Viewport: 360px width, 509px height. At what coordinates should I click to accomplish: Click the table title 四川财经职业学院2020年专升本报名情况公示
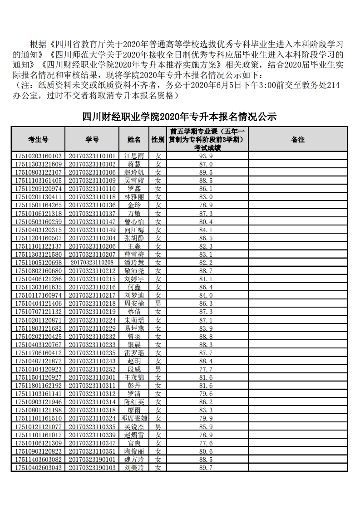179,117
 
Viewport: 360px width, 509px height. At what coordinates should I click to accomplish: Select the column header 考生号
38,140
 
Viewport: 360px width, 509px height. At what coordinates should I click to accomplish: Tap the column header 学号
92,140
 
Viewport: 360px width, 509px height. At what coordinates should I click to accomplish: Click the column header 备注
297,140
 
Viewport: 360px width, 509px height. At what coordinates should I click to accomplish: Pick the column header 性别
158,140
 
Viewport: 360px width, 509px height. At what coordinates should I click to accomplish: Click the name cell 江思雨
134,156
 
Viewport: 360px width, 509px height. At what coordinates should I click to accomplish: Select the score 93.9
206,156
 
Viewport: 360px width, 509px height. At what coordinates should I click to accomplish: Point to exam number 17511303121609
38,164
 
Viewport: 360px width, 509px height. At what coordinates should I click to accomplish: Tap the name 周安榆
134,303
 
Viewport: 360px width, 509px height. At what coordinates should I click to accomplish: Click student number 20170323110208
92,263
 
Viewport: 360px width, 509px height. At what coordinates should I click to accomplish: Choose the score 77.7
206,369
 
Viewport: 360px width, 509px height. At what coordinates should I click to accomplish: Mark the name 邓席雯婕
134,418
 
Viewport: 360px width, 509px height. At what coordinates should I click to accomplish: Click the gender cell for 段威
158,369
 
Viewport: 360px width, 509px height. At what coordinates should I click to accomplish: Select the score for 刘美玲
206,467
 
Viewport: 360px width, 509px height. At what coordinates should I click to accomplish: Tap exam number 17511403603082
38,459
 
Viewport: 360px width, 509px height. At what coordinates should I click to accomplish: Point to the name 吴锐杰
134,426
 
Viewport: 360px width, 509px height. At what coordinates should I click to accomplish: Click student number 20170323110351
92,451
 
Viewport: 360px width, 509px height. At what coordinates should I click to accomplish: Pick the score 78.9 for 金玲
206,205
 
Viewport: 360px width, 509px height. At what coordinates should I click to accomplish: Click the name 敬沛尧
134,271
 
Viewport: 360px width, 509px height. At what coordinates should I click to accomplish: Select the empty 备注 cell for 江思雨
297,156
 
